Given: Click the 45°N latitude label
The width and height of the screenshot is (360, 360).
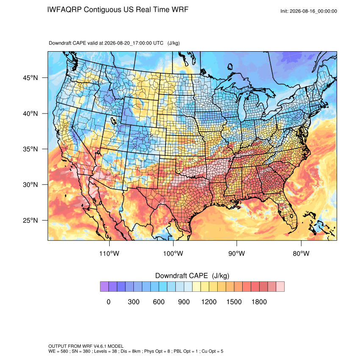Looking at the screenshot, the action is point(30,78).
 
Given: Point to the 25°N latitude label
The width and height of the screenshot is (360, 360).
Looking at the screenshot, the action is point(30,220).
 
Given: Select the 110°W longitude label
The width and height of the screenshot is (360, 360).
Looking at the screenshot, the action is point(109,253).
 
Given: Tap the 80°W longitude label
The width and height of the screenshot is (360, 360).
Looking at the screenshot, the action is point(301,253).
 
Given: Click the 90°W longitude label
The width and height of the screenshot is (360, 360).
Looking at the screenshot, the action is point(236,253).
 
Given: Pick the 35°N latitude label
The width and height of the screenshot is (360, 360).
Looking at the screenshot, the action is point(30,149).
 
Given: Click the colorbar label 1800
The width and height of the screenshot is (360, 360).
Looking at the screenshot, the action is point(259,302).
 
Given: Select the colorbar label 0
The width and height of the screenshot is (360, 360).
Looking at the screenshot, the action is point(108,302).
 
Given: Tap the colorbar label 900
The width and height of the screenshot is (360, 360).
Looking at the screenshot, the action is point(184,302).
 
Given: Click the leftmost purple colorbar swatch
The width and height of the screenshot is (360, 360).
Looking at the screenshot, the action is point(104,287).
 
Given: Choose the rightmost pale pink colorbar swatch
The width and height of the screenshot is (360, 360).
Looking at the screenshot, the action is point(280,287).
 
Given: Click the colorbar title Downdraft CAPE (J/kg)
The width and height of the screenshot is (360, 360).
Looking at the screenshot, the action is point(192,276).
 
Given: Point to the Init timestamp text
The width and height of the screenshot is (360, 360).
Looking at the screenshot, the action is point(309,11).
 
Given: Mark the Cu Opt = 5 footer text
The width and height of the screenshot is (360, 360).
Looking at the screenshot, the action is point(212,351).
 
